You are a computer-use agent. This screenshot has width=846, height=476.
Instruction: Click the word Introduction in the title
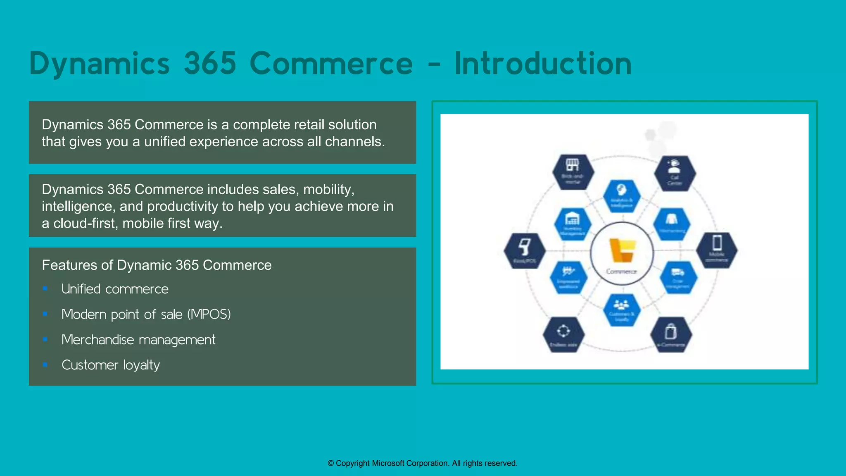coord(543,64)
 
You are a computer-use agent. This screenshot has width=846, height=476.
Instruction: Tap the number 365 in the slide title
coord(210,64)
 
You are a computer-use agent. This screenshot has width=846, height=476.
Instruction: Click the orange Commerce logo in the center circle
coord(622,250)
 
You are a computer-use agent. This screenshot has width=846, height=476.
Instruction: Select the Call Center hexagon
coord(675,173)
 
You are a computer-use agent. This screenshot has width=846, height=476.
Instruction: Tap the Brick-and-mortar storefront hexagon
coord(573,172)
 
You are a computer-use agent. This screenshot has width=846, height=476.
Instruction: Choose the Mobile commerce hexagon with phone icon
coord(717,250)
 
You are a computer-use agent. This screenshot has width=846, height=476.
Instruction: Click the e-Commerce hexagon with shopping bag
coord(671,334)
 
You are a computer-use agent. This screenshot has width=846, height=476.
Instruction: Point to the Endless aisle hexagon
coord(563,334)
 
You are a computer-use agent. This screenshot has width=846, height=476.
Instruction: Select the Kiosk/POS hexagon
coord(525,250)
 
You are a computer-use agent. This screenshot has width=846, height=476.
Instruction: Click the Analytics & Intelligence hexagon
coord(622,196)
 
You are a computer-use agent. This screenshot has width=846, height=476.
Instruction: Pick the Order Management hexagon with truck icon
coord(678,277)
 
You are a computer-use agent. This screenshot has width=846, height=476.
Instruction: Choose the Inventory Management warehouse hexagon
coord(573,224)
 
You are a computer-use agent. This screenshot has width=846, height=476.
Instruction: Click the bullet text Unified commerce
coord(115,289)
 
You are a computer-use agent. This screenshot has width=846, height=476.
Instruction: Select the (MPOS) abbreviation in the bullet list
coord(209,314)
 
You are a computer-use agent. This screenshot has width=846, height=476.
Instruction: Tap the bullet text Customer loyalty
coord(110,365)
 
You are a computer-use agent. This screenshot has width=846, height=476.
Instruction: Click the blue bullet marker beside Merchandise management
coord(45,340)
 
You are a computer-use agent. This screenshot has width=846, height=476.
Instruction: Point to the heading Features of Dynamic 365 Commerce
coord(157,265)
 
